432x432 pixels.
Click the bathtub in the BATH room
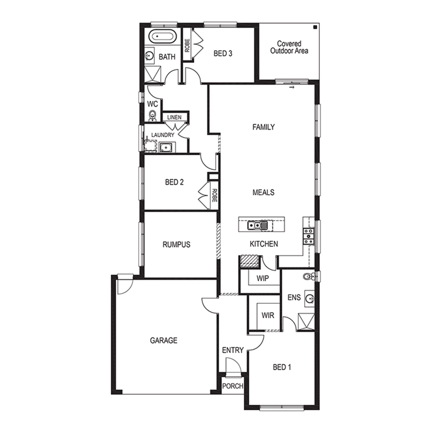coord(162,37)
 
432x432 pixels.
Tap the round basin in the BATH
coord(149,56)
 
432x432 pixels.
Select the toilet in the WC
coord(152,116)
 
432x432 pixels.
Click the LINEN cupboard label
coord(174,117)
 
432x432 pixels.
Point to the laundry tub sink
coord(166,147)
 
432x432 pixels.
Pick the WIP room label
coord(262,278)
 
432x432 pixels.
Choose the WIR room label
coord(268,315)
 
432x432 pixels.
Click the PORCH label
coord(233,386)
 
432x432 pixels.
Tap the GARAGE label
coord(164,340)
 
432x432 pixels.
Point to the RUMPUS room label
coord(176,245)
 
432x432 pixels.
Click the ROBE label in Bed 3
coord(187,46)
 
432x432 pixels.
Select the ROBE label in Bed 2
coord(214,195)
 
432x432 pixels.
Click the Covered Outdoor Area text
coord(289,47)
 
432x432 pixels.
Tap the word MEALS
coord(263,192)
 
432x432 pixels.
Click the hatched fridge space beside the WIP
coord(249,262)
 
